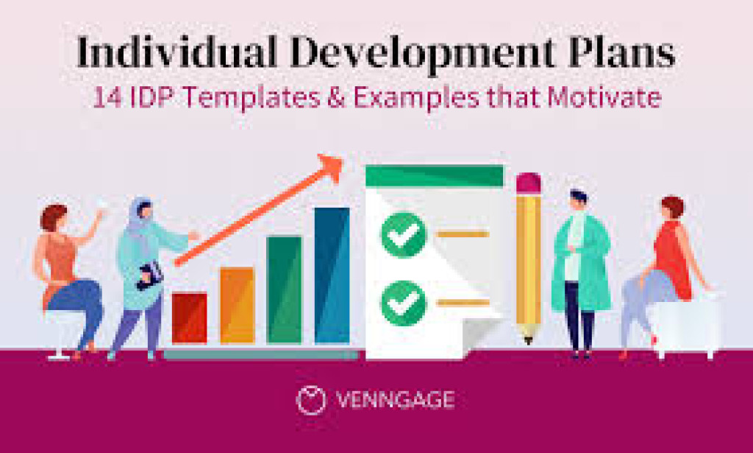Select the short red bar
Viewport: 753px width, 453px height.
189,317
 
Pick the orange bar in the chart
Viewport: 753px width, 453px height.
237,305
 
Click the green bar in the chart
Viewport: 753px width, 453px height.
284,289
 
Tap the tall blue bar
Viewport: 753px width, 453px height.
332,275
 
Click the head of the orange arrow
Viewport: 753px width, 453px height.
331,167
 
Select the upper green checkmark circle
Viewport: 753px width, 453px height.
403,234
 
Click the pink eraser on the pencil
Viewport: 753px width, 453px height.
528,183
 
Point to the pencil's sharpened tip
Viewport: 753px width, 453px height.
528,338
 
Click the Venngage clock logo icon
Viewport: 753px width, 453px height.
311,400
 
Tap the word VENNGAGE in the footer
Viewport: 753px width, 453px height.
395,401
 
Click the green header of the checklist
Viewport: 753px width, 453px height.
434,175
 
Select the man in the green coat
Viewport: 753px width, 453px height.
580,273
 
